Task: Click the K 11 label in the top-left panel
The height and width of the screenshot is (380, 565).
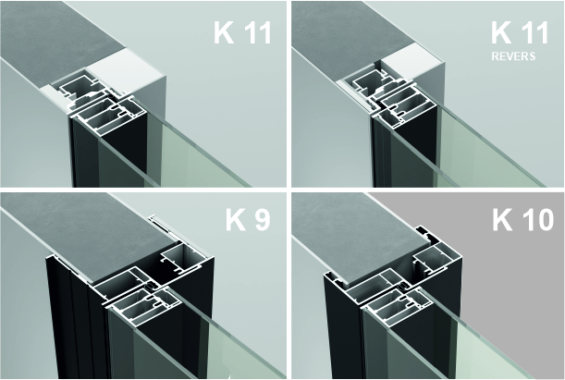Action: [x=242, y=32]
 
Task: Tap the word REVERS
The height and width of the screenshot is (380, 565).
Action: [x=513, y=56]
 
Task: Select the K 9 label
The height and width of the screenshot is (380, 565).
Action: [x=248, y=219]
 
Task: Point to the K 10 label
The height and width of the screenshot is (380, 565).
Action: [x=522, y=219]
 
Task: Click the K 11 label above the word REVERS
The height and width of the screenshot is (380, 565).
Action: [x=520, y=32]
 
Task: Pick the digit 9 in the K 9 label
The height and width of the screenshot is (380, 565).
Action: [x=262, y=220]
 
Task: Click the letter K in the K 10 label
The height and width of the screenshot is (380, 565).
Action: [x=502, y=219]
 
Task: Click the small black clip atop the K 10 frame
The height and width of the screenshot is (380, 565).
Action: [x=425, y=233]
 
